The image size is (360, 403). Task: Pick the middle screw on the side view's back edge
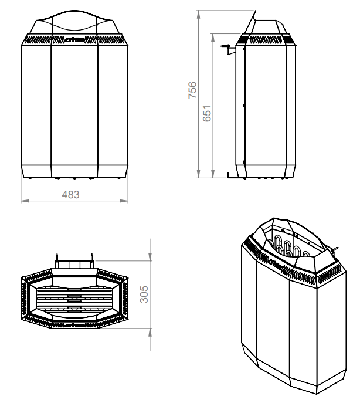point(243,106)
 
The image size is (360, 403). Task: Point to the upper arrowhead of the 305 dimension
point(151,258)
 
